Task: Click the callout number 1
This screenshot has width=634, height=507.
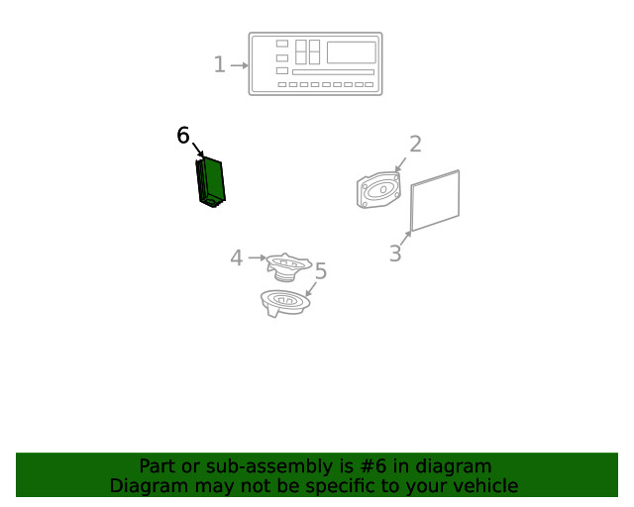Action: click(x=219, y=65)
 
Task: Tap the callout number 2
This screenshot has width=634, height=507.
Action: click(x=415, y=145)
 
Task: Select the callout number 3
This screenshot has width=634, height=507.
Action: click(x=394, y=253)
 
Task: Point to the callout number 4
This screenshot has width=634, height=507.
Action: click(x=236, y=258)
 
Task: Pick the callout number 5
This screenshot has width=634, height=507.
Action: click(x=320, y=271)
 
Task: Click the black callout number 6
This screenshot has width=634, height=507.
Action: click(x=183, y=136)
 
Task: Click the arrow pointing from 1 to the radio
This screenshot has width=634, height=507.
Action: click(x=239, y=66)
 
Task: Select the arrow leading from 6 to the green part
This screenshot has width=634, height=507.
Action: click(x=198, y=152)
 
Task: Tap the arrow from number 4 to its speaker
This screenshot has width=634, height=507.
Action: click(x=256, y=258)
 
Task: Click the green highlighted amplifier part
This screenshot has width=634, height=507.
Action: click(x=211, y=181)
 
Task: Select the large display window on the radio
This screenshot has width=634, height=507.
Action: click(x=351, y=52)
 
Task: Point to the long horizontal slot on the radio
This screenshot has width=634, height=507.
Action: click(x=333, y=72)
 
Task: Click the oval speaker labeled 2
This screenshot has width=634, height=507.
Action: click(x=378, y=190)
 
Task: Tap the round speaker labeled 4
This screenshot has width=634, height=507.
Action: click(x=289, y=266)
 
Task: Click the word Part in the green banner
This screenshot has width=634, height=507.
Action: click(x=157, y=466)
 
